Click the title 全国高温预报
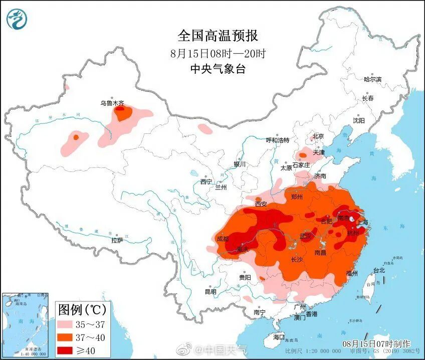(x=218, y=36)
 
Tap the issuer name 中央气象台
(x=218, y=70)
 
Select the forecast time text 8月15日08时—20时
(x=218, y=53)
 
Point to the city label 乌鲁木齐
(x=111, y=103)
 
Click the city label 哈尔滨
(x=372, y=79)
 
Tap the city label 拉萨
(x=117, y=241)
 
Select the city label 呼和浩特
(x=277, y=140)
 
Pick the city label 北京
(x=318, y=136)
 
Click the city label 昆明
(x=210, y=292)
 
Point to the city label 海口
(x=278, y=336)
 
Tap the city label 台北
(x=379, y=270)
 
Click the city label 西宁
(x=206, y=182)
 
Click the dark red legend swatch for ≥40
(x=68, y=349)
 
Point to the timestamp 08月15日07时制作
(x=376, y=343)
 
